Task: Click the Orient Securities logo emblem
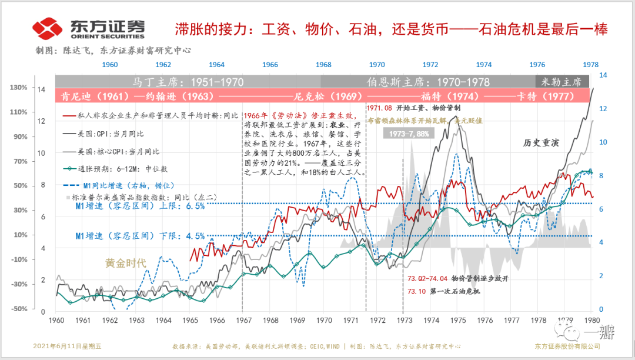click(x=48, y=28)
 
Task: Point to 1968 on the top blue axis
click(x=323, y=64)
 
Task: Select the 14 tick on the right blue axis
click(x=603, y=75)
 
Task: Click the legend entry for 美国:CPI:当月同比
click(x=109, y=135)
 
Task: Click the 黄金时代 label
click(x=125, y=263)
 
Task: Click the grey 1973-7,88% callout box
click(x=408, y=134)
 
